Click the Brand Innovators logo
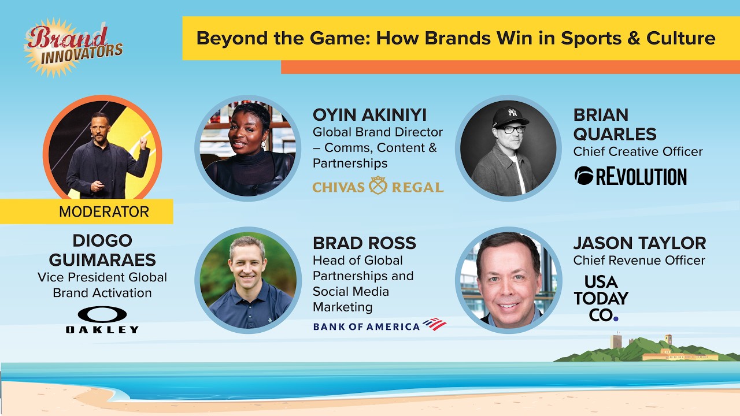pos(73,47)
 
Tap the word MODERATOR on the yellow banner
pos(104,211)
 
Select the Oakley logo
pos(102,320)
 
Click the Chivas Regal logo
pos(378,185)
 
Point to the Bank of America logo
pos(380,325)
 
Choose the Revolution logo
pos(630,176)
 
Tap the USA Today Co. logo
pos(601,298)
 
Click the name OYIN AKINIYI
pos(369,115)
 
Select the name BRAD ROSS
pos(364,243)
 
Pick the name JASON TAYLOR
pos(639,243)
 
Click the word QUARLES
pos(615,134)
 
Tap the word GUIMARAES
pos(102,260)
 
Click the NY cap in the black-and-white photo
pos(510,117)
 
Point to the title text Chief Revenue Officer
pos(639,260)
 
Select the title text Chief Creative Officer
pos(638,151)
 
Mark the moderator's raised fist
pos(143,142)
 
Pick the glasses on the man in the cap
pos(512,129)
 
